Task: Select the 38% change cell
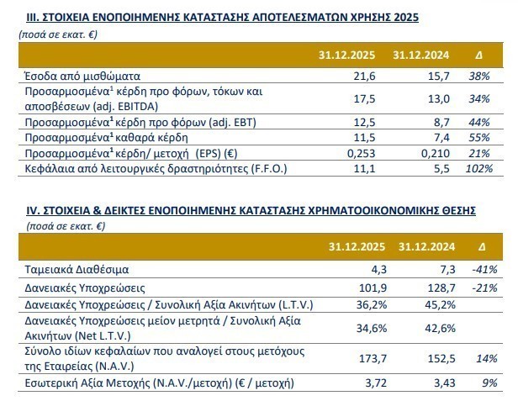click(478, 76)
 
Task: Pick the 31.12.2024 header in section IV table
click(428, 247)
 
